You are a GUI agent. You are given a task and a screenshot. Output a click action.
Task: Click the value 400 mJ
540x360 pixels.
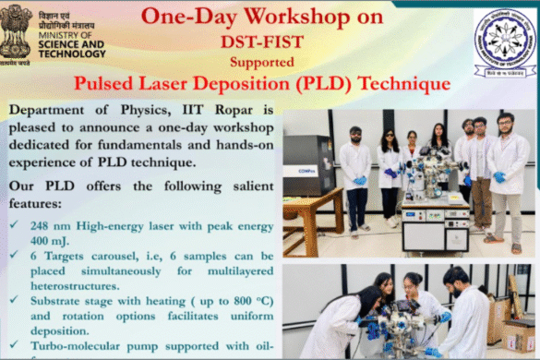[42, 241]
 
